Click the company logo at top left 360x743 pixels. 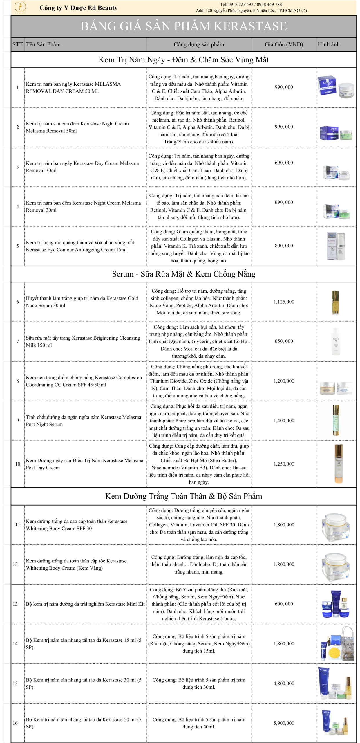point(20,7)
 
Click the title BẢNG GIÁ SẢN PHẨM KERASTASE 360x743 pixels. point(183,26)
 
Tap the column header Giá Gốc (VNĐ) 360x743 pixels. point(283,44)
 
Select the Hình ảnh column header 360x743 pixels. point(328,44)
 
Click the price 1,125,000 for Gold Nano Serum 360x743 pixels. point(283,302)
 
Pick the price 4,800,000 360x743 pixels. point(283,684)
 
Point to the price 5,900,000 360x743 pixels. point(283,723)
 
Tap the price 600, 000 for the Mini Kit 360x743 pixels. point(283,604)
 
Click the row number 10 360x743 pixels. point(18,464)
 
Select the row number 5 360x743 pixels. point(18,246)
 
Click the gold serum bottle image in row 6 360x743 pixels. point(335,302)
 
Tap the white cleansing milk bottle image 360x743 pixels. point(336,341)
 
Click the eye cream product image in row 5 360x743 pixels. point(336,246)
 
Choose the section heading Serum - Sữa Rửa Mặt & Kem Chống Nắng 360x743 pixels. point(183,274)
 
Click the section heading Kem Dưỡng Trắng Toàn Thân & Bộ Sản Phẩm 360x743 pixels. point(183,496)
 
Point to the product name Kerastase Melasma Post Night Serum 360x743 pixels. point(83,421)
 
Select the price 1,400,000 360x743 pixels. point(283,421)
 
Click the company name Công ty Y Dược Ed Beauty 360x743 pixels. point(79,8)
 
